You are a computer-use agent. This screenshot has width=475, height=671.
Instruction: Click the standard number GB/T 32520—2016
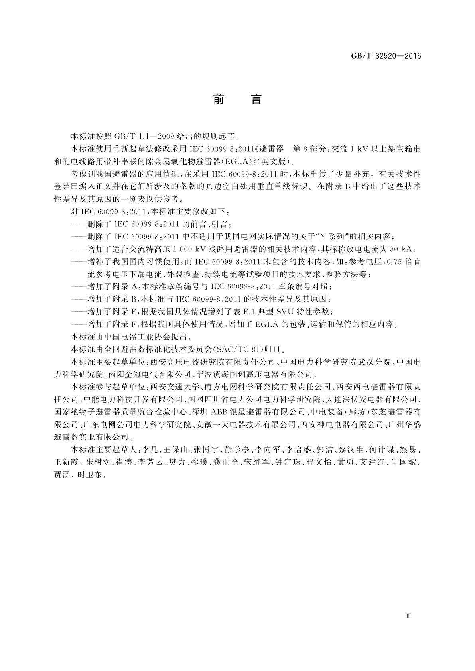point(386,56)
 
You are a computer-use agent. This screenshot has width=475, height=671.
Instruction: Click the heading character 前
point(218,99)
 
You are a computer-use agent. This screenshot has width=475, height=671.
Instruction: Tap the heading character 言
point(256,99)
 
